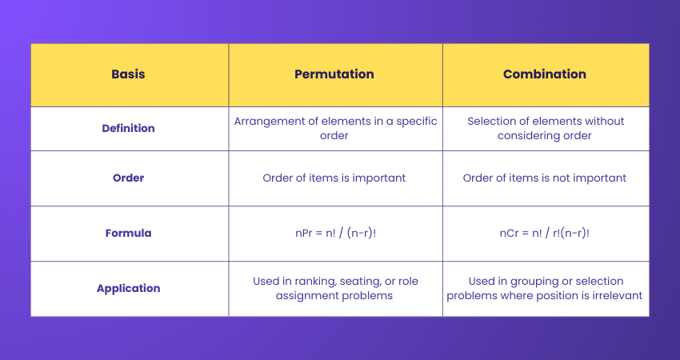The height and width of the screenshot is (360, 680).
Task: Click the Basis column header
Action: (129, 74)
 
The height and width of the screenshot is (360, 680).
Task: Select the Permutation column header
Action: (334, 74)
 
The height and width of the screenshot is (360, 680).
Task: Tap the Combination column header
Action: (545, 74)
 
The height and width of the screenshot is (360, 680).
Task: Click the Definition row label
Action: (129, 128)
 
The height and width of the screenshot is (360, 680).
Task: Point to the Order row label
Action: (129, 178)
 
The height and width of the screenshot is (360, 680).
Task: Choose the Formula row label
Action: (129, 234)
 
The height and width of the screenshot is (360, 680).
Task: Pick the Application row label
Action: (129, 288)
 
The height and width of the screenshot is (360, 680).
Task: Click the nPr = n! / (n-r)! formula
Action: (334, 234)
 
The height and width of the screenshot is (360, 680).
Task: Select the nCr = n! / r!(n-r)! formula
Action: (545, 234)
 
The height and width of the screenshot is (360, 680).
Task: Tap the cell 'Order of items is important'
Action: (334, 178)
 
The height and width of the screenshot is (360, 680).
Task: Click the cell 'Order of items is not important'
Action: (545, 178)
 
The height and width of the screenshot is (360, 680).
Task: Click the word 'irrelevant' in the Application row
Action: (615, 296)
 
